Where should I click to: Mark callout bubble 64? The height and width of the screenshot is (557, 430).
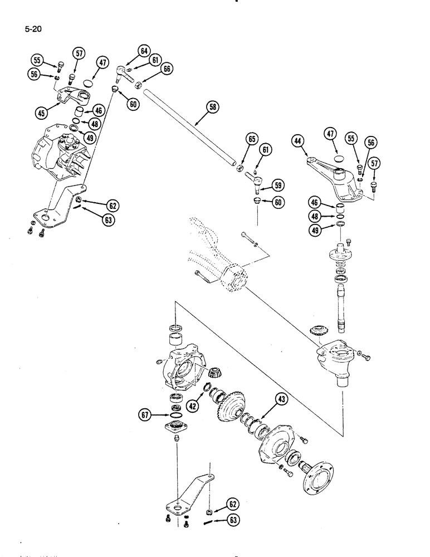pyautogui.click(x=144, y=51)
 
